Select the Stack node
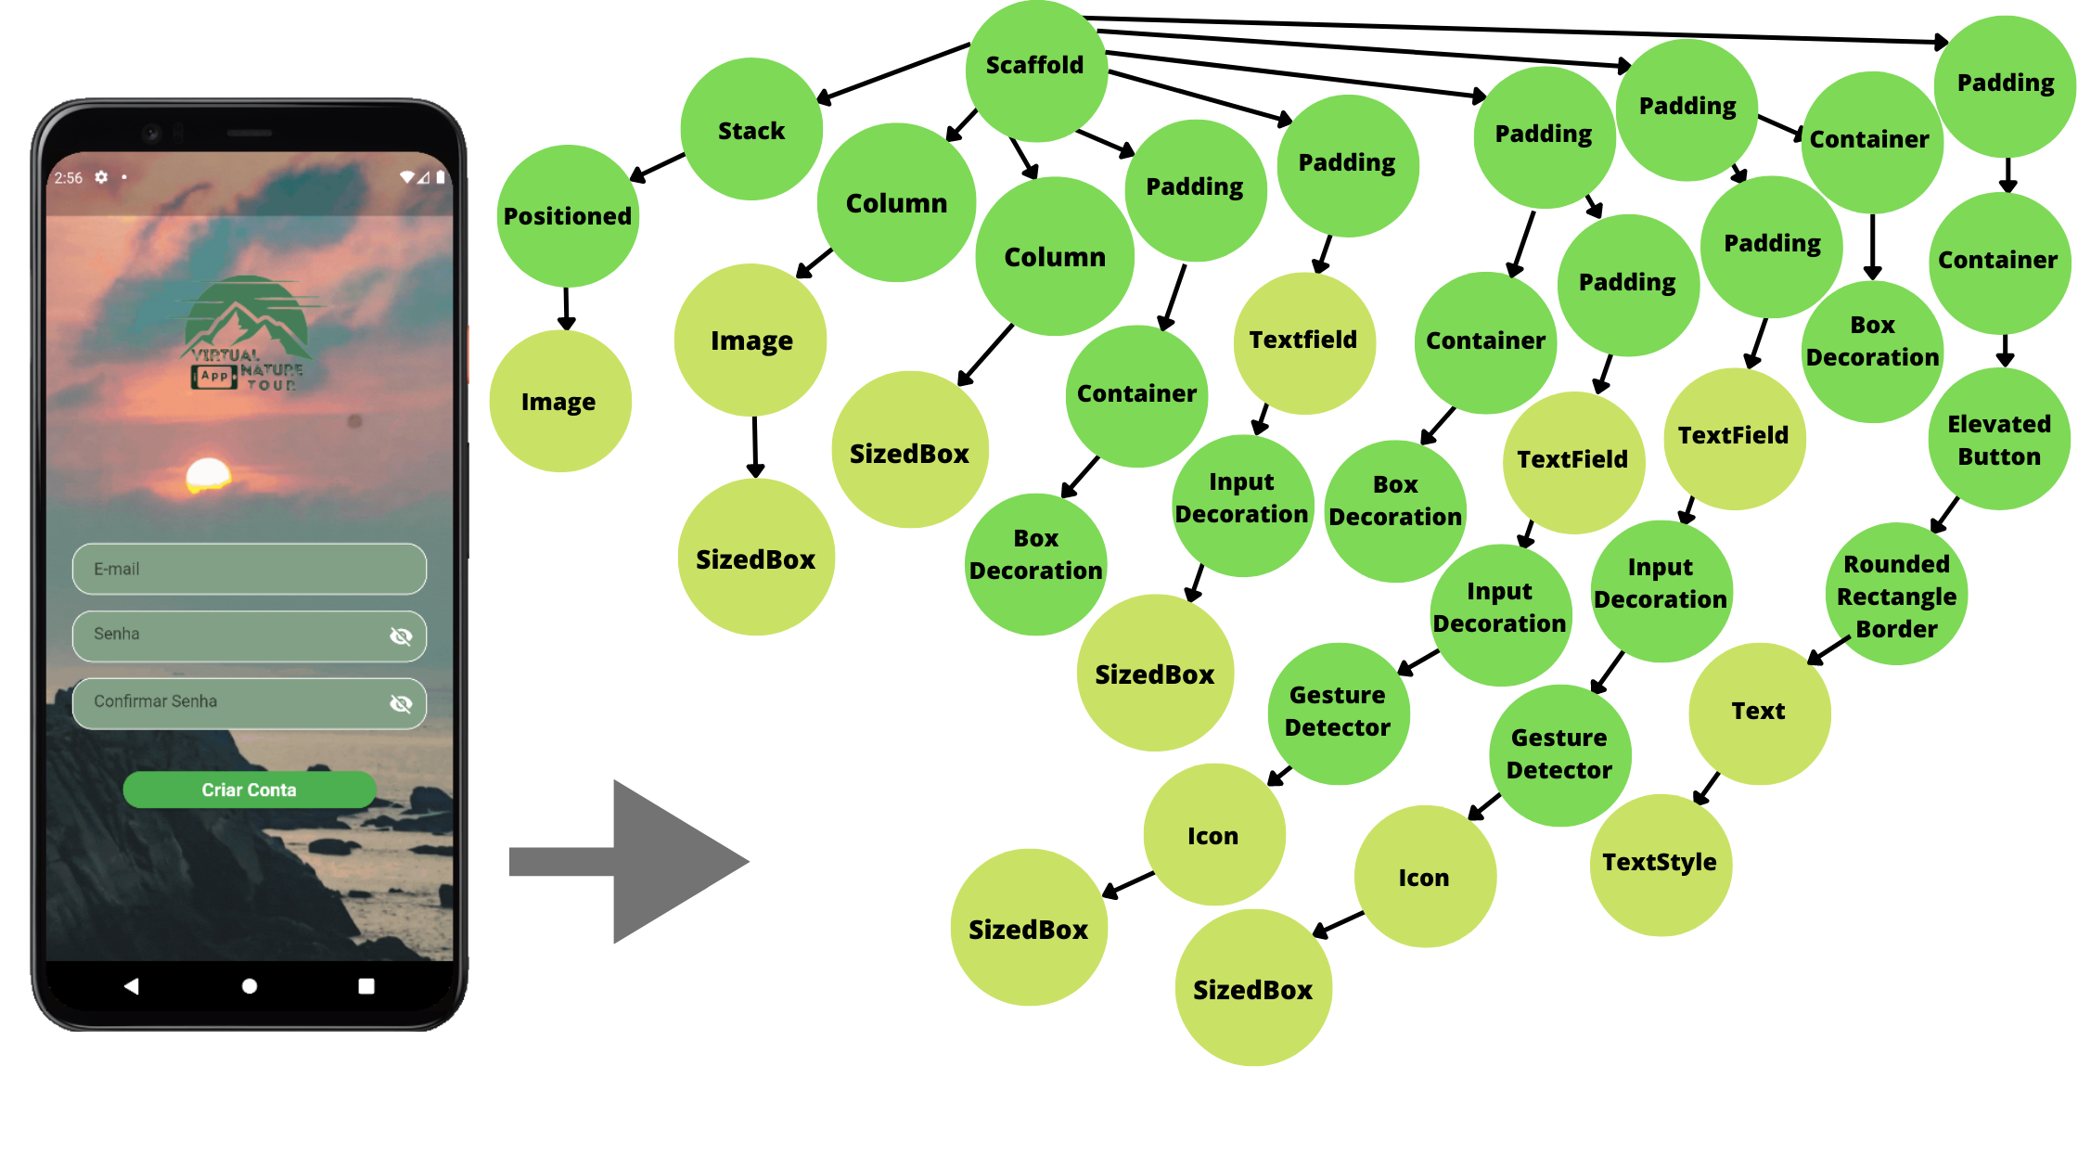[751, 130]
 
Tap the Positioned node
[567, 216]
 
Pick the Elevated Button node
[1999, 440]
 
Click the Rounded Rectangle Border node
[1896, 596]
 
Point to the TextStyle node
[1660, 864]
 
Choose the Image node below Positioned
[558, 402]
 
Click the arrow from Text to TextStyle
[1707, 788]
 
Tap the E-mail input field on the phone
[249, 569]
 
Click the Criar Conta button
[249, 790]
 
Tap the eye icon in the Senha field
[401, 636]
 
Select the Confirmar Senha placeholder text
[155, 701]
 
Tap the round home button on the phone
[249, 986]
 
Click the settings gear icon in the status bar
[101, 177]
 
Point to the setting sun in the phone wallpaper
[209, 473]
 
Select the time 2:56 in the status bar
[68, 178]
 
